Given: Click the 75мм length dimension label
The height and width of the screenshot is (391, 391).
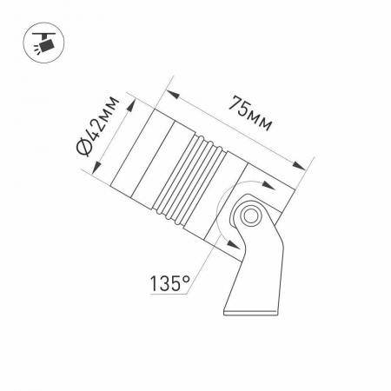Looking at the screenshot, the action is point(250,114).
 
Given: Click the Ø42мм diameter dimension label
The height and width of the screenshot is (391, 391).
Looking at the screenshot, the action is point(97,126).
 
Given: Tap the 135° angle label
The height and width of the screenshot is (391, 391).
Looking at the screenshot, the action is point(169,283).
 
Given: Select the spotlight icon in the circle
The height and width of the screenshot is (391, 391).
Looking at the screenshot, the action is point(43,43).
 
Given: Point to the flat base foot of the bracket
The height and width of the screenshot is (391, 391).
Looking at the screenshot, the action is point(251,313).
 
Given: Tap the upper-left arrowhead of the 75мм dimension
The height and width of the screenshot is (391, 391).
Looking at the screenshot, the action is point(173,95).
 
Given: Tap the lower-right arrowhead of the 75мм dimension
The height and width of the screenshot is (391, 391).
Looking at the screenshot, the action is point(299,166).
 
